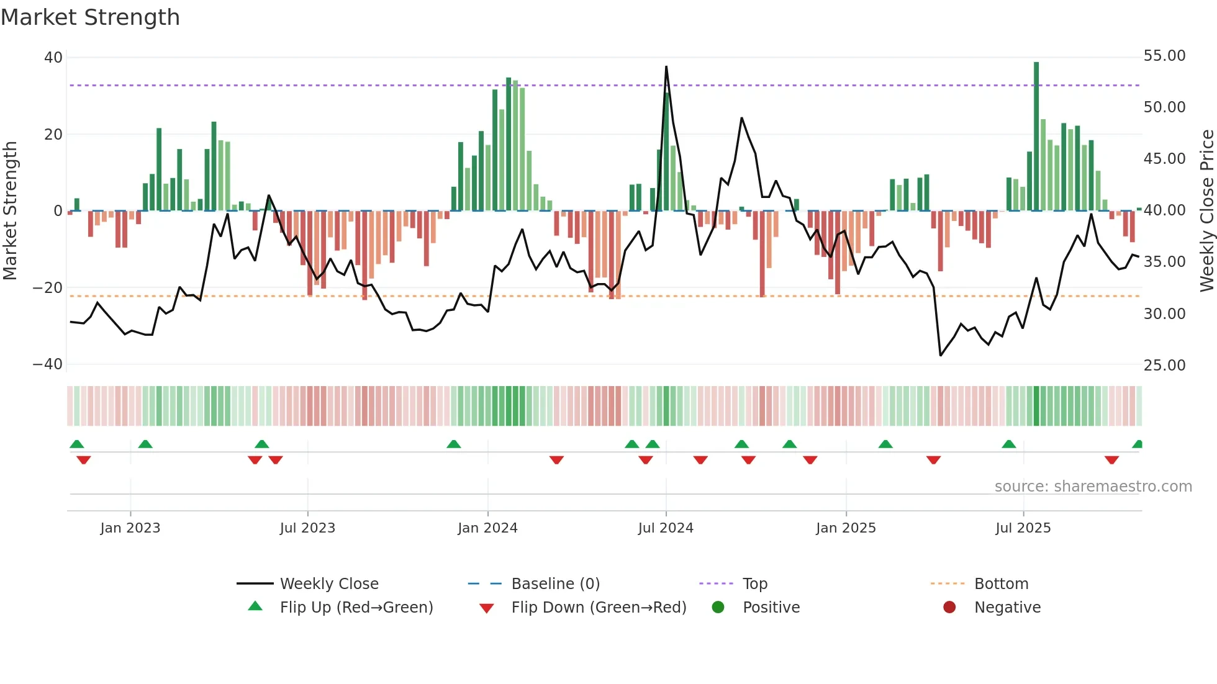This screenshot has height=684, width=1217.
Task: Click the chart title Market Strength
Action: (x=90, y=17)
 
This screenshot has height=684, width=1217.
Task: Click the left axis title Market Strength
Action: (x=10, y=210)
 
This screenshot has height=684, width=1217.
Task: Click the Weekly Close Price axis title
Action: (x=1206, y=210)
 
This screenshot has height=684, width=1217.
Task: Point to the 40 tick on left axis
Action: (x=53, y=58)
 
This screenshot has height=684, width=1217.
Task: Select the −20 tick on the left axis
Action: (x=48, y=288)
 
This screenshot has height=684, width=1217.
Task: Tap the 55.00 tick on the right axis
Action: (x=1164, y=56)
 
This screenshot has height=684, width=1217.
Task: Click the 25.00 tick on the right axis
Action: (x=1164, y=366)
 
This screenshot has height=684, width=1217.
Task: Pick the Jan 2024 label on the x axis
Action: (x=487, y=528)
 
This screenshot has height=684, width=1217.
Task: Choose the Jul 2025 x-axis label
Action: (x=1023, y=528)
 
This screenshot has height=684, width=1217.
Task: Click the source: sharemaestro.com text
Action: (x=1093, y=487)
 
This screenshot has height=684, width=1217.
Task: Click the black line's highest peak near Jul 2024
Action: (x=666, y=67)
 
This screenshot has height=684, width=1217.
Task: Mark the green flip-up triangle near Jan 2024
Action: (x=454, y=444)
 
